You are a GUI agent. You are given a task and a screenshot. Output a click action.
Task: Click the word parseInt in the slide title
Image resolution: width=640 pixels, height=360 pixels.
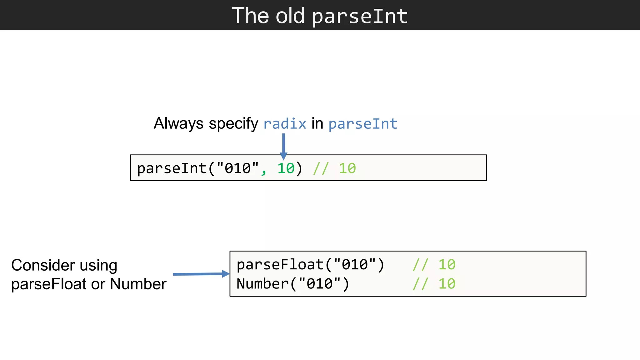pos(360,16)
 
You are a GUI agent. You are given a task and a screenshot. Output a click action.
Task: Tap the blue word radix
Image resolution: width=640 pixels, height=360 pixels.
pos(285,124)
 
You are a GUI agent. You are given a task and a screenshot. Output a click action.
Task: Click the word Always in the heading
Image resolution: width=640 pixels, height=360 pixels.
pos(178,123)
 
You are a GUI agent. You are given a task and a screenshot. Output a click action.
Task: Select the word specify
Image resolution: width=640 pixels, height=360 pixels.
pos(233,124)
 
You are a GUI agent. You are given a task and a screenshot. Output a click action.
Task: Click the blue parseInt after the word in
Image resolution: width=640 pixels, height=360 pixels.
pos(363,124)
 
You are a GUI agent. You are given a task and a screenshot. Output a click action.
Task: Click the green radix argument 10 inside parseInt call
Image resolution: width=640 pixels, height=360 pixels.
pos(286,168)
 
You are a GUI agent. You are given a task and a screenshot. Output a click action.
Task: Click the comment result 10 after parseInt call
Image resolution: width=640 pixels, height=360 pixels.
pos(347,168)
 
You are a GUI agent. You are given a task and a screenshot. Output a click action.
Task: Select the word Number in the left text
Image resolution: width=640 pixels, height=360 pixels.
pos(138,284)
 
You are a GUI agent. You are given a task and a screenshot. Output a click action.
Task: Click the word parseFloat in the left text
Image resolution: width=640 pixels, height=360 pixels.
pos(48,284)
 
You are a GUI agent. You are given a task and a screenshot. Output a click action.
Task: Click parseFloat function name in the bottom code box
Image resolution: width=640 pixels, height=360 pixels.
pos(280,265)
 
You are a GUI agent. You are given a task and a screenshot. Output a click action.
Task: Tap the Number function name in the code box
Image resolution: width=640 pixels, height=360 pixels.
pos(262,284)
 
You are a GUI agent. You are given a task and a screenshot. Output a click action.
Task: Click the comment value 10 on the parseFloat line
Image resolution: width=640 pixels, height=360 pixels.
pos(447,265)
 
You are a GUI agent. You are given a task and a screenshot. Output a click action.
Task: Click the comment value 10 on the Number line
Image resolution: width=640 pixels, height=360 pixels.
pos(447,284)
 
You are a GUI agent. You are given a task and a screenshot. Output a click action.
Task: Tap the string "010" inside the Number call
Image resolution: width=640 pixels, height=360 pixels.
pos(319,284)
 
